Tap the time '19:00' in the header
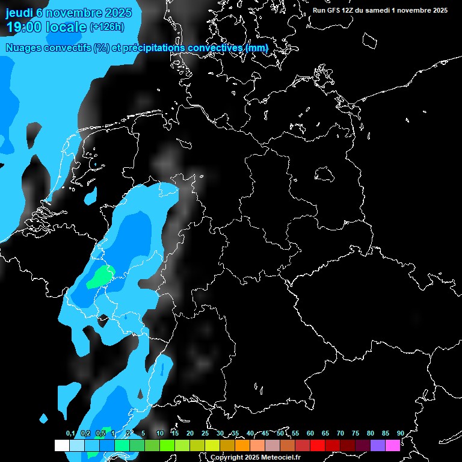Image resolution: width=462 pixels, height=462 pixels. [x=23, y=27]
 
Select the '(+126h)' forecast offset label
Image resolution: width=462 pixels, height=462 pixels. [x=106, y=27]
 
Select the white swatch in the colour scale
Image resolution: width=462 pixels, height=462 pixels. [x=61, y=445]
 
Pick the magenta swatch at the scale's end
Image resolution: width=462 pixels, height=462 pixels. [x=392, y=445]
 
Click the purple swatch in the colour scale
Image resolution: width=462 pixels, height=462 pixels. [x=377, y=445]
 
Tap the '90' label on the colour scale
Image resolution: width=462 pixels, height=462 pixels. [x=400, y=434]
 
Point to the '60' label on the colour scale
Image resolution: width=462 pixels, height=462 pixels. [x=310, y=434]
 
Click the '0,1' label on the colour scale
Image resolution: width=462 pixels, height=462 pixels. [x=70, y=434]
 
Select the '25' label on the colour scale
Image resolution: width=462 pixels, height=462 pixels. [x=205, y=434]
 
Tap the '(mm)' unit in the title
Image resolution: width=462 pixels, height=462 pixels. [x=257, y=48]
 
